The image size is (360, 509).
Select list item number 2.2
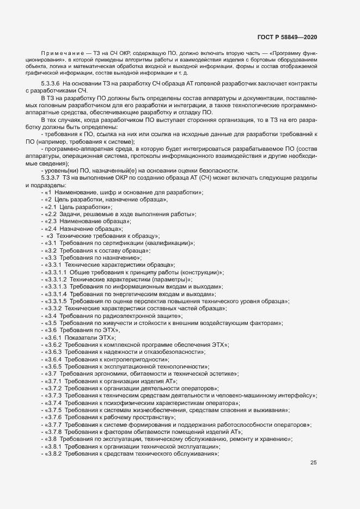point(52,214)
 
